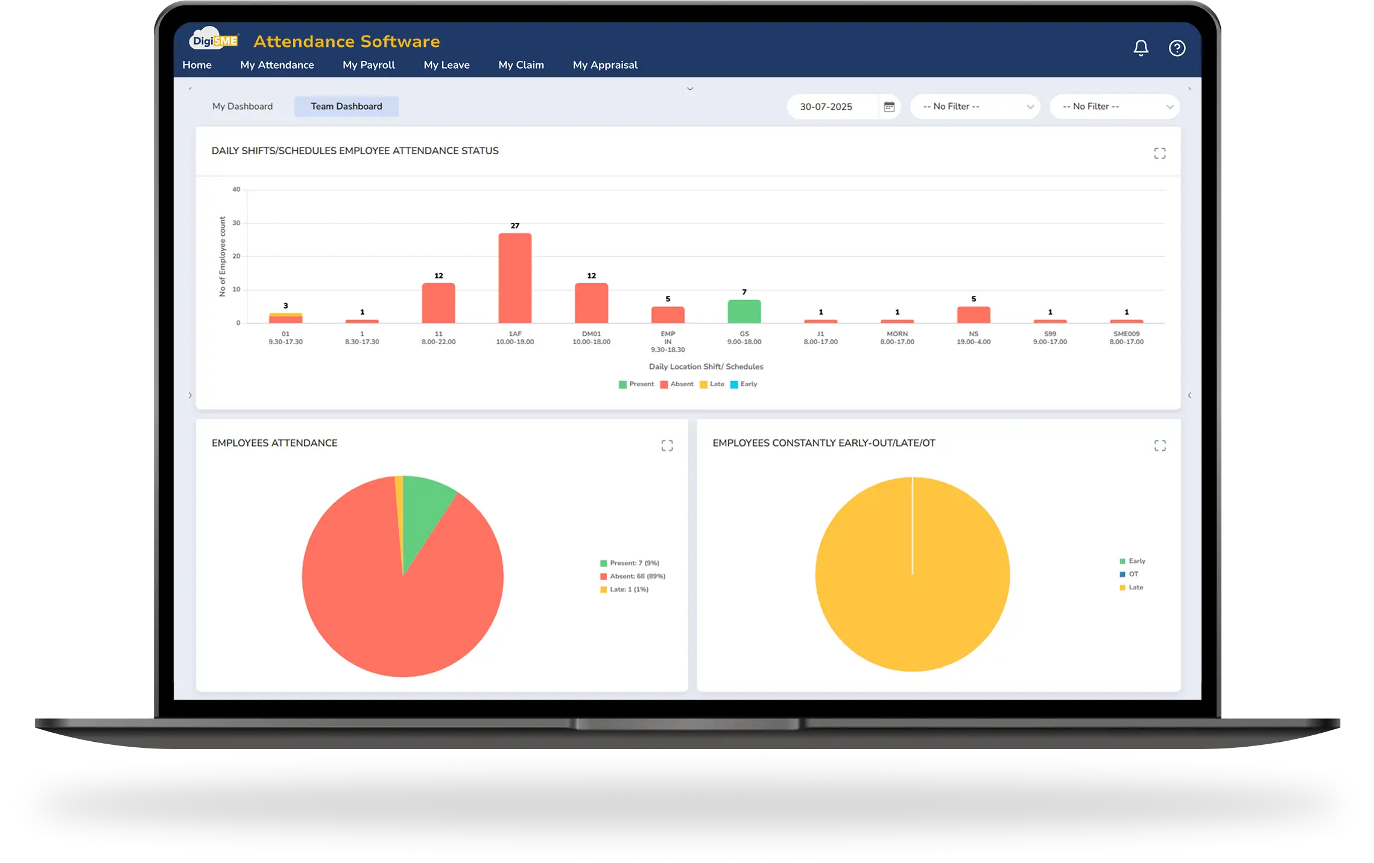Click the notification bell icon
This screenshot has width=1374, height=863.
(1140, 48)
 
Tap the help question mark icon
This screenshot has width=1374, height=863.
(1176, 48)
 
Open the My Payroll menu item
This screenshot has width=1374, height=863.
(369, 64)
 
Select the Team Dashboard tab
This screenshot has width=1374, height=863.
(346, 106)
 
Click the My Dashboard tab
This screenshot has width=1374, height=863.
(242, 106)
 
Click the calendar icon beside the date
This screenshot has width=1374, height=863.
(888, 107)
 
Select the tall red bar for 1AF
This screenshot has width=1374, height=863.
(514, 278)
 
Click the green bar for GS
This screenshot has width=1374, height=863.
(744, 312)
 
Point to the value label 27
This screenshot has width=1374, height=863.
(514, 225)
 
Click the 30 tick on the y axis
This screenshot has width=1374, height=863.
(236, 223)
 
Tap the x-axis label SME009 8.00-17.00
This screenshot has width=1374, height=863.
(1126, 337)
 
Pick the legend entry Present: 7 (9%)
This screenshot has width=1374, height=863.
(630, 563)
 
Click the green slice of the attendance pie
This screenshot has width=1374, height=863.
(425, 512)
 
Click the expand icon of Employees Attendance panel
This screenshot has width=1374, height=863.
(666, 445)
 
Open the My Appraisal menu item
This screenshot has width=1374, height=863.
(604, 64)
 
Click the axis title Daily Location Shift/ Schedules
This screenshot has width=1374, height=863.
(706, 366)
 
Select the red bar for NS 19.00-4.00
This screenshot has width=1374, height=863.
(973, 315)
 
